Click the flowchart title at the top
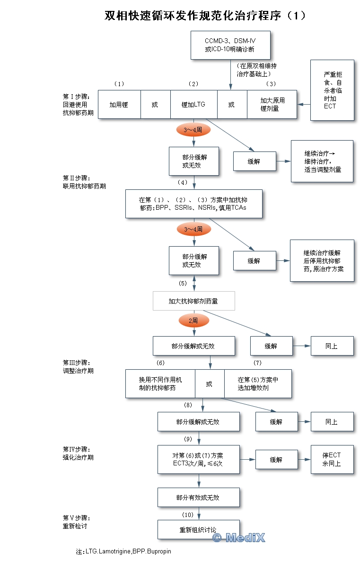[x=205, y=16]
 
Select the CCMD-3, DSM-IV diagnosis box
[x=230, y=45]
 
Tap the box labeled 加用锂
[x=119, y=104]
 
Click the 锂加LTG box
[x=193, y=104]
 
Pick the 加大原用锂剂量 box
[x=272, y=104]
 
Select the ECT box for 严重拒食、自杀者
[x=332, y=90]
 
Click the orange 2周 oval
[x=193, y=321]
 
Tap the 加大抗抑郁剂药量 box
[x=193, y=301]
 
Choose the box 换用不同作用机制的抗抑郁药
[x=160, y=383]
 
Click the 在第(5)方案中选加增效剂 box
[x=257, y=383]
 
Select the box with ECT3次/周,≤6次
[x=198, y=459]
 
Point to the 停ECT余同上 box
[x=332, y=459]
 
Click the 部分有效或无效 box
[x=198, y=498]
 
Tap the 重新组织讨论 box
[x=198, y=530]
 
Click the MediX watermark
[x=239, y=538]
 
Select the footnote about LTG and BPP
[x=123, y=552]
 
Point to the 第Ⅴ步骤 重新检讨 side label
[x=76, y=522]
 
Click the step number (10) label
[x=188, y=515]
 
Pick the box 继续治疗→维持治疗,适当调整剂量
[x=322, y=161]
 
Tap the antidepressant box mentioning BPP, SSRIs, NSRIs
[x=193, y=204]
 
